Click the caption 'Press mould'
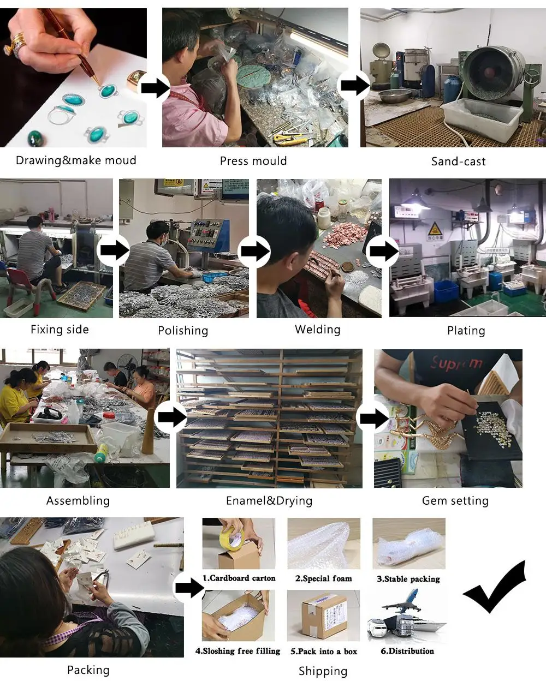click(x=253, y=161)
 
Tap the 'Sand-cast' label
click(x=458, y=162)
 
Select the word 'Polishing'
click(x=183, y=331)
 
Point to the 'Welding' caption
click(x=318, y=330)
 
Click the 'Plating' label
click(x=466, y=331)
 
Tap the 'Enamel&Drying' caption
click(x=269, y=501)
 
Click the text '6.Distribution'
click(x=407, y=651)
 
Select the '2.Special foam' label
click(x=323, y=578)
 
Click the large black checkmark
click(x=494, y=587)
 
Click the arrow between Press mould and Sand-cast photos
click(x=354, y=85)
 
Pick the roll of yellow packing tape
click(x=232, y=537)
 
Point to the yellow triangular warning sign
click(x=435, y=228)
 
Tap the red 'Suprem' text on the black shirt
click(x=456, y=362)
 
